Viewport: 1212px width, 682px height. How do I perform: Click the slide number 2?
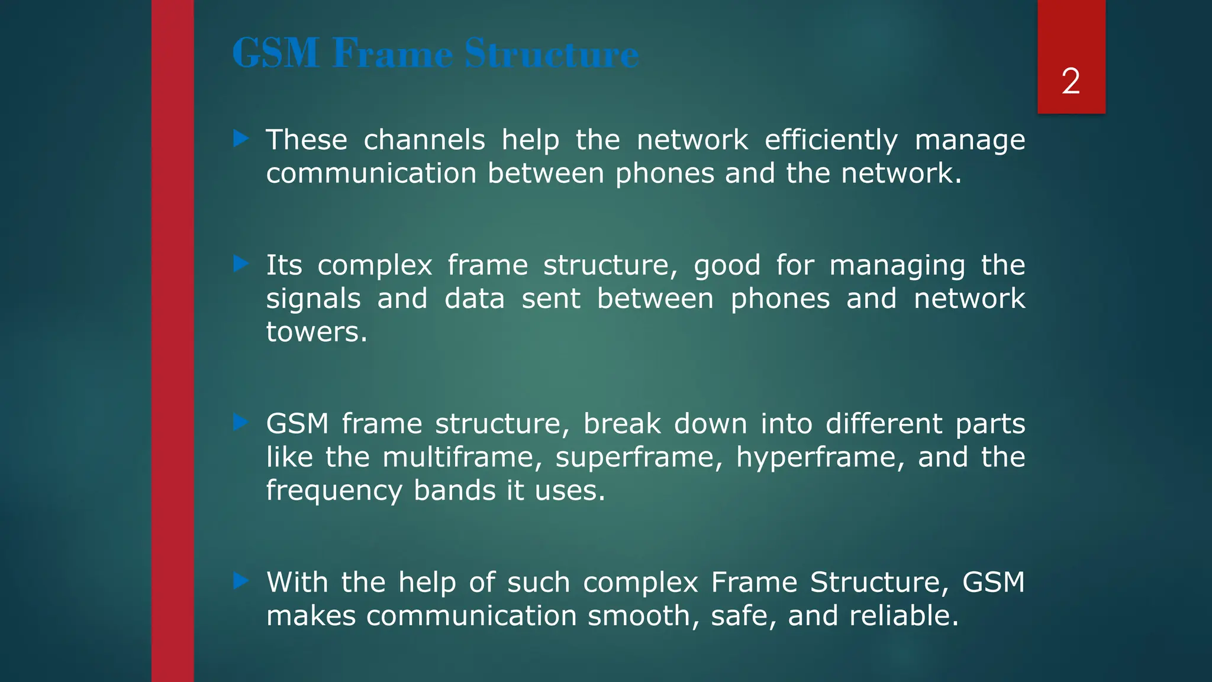coord(1071,81)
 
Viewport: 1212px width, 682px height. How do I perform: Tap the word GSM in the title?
coord(276,54)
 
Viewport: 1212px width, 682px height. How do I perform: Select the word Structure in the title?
coord(552,54)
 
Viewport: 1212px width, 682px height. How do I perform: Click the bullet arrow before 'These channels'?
coord(241,139)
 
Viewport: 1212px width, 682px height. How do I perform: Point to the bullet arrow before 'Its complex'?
coord(241,264)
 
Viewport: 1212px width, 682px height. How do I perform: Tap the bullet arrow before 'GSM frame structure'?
coord(241,423)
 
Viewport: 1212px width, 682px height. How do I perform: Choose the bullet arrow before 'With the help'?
coord(241,581)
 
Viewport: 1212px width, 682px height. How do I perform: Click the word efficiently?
coord(831,141)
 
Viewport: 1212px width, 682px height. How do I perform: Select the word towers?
coord(317,332)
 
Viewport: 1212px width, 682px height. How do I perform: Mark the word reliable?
coord(904,616)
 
